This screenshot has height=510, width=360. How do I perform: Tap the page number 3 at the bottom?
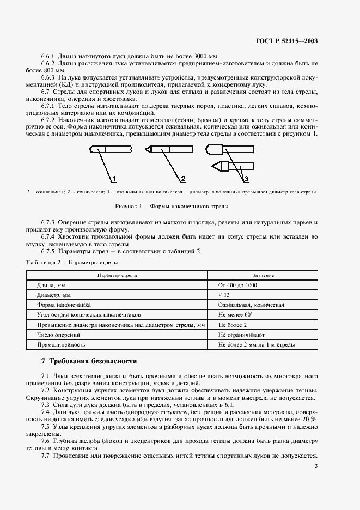pos(316,466)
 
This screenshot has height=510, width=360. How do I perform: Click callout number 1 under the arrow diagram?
pos(114,178)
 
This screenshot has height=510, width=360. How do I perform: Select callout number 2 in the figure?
pos(183,178)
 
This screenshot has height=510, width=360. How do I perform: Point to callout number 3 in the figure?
pos(246,178)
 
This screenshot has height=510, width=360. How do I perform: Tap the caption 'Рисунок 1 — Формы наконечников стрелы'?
pos(172,207)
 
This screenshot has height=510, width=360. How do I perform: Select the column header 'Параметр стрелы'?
pos(117,276)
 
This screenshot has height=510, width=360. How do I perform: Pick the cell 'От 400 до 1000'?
pos(238,285)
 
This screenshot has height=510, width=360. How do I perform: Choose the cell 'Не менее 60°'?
pos(236,315)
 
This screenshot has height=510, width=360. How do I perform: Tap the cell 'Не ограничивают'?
pos(241,335)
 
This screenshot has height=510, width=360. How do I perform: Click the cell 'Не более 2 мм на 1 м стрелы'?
pos(257,345)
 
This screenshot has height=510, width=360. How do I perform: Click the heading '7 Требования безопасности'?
pos(89,361)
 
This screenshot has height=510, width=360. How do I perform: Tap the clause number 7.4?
pos(46,412)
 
